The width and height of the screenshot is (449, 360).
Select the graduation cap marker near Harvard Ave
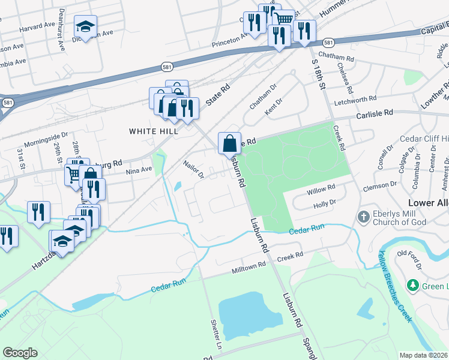coord(85,27)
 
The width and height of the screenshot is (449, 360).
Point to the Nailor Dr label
coord(194,168)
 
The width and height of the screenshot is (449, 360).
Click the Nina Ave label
coord(139,170)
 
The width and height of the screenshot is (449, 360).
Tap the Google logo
coord(20,353)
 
